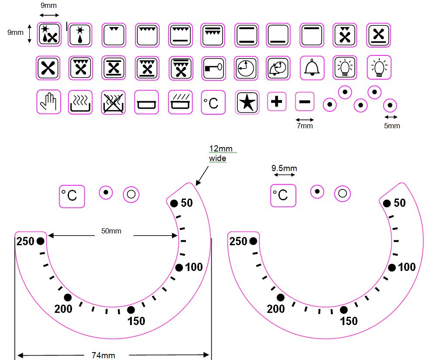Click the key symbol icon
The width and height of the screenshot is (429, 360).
[x=213, y=68]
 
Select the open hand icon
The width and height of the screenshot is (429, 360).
[x=48, y=102]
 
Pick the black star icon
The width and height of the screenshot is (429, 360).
[x=247, y=102]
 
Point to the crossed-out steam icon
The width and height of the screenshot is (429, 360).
[x=113, y=102]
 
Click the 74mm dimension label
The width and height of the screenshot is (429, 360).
[x=103, y=355]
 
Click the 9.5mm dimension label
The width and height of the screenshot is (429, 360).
[x=284, y=168]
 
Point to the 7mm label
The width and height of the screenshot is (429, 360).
[x=304, y=126]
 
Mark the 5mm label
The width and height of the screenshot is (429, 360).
[x=391, y=126]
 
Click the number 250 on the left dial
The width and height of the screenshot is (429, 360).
[x=25, y=241]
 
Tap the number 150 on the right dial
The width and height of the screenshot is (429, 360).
[x=349, y=321]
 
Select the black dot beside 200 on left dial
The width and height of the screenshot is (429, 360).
[x=68, y=298]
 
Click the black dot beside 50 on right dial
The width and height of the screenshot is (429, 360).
[x=387, y=203]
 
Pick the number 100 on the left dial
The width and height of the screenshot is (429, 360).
[x=194, y=267]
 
